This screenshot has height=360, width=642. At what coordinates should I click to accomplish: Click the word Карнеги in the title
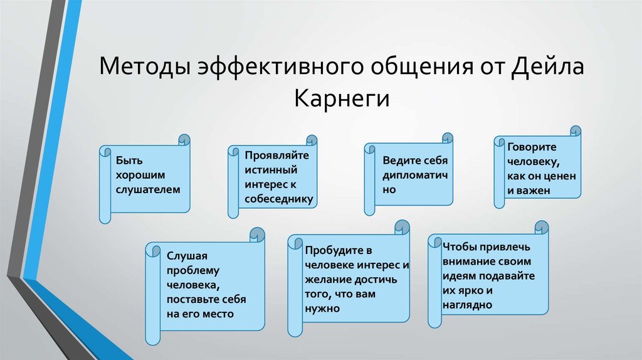tap(342, 98)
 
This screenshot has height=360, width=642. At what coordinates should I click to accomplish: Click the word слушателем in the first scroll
tap(148, 189)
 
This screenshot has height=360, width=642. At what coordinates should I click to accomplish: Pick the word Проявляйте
tap(276, 156)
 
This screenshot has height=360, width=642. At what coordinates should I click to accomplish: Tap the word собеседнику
tap(279, 199)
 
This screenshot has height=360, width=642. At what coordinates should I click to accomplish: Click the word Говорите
tap(532, 147)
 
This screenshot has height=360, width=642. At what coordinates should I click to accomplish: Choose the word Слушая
tap(187, 256)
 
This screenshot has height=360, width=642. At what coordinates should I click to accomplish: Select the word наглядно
tap(467, 305)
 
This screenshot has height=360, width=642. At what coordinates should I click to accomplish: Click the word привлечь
tap(505, 247)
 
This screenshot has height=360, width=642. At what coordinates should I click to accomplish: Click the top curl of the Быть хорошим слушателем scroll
tap(184, 140)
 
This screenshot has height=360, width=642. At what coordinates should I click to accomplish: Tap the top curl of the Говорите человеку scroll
tap(576, 131)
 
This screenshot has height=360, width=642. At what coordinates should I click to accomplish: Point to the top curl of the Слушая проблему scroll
tap(257, 235)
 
